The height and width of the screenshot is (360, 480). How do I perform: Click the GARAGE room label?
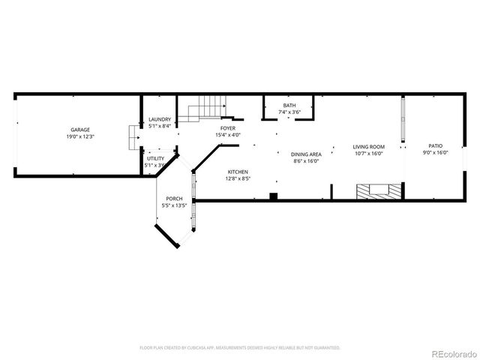(x=79, y=130)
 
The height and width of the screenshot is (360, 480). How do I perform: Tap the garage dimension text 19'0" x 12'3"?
(x=79, y=136)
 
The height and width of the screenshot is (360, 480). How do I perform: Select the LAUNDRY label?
(x=160, y=120)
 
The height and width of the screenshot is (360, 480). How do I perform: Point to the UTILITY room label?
(x=155, y=158)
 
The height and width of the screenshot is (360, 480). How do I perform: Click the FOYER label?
(x=227, y=128)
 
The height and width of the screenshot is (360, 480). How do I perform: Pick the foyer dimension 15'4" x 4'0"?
(x=227, y=135)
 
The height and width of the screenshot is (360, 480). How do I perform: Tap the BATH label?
(x=289, y=106)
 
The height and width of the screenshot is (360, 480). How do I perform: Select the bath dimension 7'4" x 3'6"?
(x=289, y=112)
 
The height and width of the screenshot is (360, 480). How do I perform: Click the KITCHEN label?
(x=238, y=172)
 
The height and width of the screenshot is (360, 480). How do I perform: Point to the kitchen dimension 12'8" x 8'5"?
(x=238, y=178)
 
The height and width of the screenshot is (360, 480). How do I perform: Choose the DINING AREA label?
(x=306, y=154)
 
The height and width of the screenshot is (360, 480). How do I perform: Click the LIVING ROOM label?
(x=369, y=147)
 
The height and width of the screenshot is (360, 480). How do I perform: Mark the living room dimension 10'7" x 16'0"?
(x=369, y=154)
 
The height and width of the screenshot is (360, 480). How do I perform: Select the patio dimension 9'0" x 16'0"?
(x=435, y=152)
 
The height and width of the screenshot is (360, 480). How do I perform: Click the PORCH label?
(x=173, y=199)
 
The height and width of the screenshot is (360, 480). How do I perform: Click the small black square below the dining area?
(x=274, y=196)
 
